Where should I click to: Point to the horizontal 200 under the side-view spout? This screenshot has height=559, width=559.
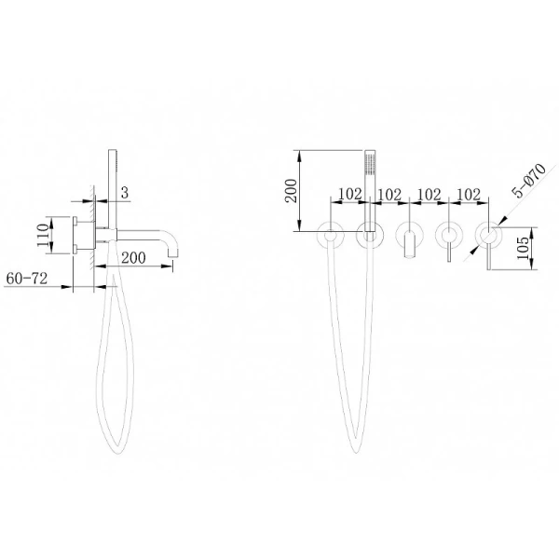[x=133, y=257]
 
